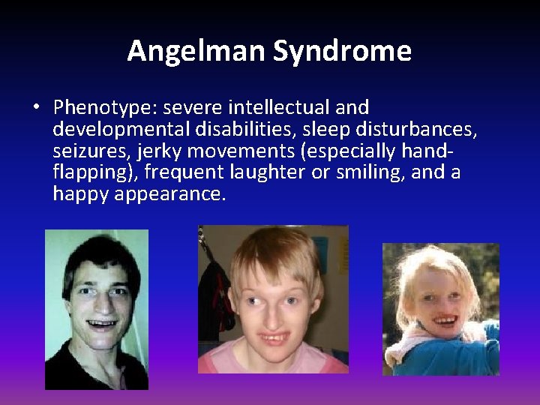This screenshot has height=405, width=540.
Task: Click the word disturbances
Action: [x=415, y=130]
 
